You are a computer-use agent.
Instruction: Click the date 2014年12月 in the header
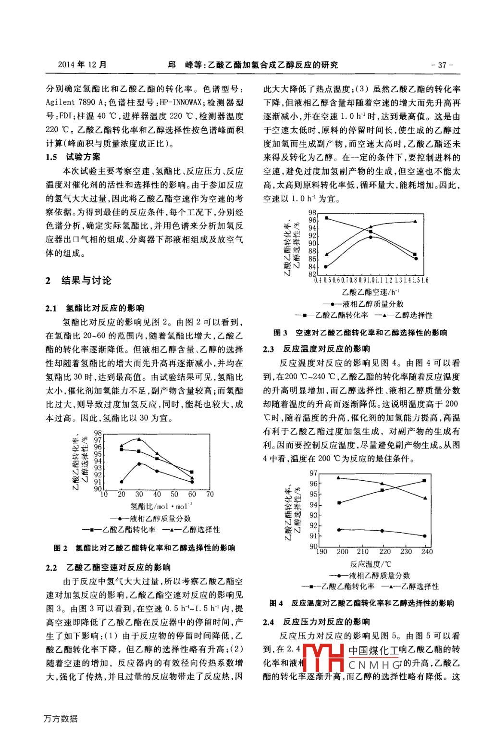coord(82,65)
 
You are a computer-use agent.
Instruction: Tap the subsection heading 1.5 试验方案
coord(73,157)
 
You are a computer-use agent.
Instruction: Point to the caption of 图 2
coord(144,548)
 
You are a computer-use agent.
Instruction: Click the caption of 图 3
coord(360,332)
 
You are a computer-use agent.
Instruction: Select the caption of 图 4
coord(361,603)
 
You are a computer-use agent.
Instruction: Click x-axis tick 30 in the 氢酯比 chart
coord(139,494)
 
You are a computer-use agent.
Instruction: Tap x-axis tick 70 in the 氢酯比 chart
coord(210,494)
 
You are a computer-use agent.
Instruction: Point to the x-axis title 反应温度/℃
coord(371,564)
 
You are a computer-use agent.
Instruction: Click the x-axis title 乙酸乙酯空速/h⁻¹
coord(371,292)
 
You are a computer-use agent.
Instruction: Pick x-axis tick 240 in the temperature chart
coord(427,551)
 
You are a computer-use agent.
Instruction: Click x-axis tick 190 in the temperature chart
coord(322,551)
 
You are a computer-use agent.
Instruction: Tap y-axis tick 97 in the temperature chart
coord(313,473)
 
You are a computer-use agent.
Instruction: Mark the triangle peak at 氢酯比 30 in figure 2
coord(139,439)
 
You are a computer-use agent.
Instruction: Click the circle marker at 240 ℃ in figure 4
coord(425,536)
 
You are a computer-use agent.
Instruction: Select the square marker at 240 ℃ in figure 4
coord(424,481)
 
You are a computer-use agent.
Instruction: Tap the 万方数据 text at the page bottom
coord(61,718)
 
